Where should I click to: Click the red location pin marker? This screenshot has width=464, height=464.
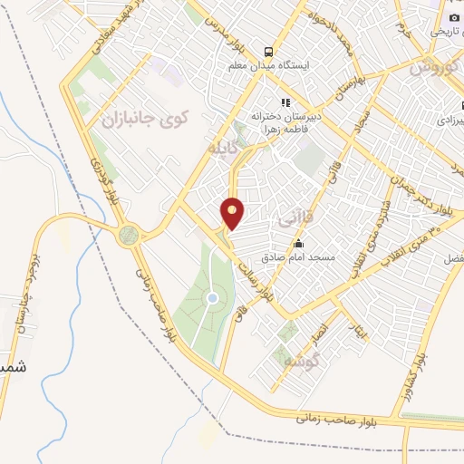[x=233, y=213]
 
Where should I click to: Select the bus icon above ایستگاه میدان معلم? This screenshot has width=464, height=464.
[x=267, y=51]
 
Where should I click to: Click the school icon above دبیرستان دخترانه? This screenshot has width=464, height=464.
[x=285, y=102]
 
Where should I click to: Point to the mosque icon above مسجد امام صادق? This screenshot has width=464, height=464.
[x=298, y=243]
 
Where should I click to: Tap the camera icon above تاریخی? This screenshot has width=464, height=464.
[x=454, y=17]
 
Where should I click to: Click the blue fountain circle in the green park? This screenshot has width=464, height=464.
[x=212, y=297]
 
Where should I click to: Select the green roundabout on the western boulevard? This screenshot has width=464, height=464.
[x=129, y=236]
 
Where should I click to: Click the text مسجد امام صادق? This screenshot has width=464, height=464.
[x=311, y=258]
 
